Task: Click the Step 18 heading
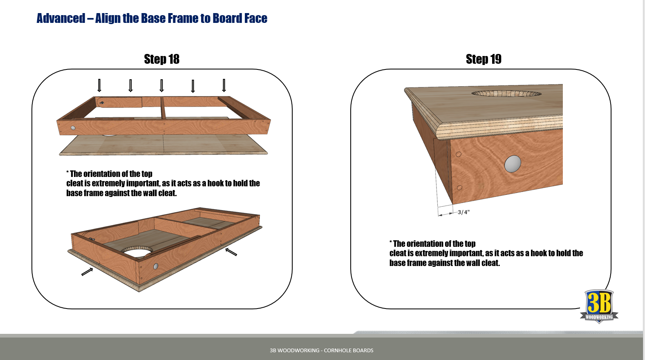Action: (x=161, y=59)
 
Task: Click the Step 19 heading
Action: (x=484, y=59)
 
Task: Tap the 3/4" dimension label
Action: (x=464, y=212)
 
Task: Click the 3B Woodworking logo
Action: (x=599, y=306)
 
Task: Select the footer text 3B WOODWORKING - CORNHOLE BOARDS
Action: (x=321, y=350)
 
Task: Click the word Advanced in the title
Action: (x=61, y=18)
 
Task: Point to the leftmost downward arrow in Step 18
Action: (x=99, y=85)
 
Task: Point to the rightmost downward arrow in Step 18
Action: (x=224, y=85)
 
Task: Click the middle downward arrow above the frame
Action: (x=161, y=85)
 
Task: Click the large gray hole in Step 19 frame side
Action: (x=513, y=164)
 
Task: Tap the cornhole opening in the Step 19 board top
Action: (x=506, y=94)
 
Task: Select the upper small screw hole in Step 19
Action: (x=459, y=154)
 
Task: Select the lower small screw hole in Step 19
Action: (x=459, y=188)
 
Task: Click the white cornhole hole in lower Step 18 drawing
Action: (x=137, y=252)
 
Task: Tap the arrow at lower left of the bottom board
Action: (x=87, y=272)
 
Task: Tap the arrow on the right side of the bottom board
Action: (x=231, y=252)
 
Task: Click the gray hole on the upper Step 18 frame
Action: (x=73, y=128)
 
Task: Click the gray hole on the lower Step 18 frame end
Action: (x=156, y=266)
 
